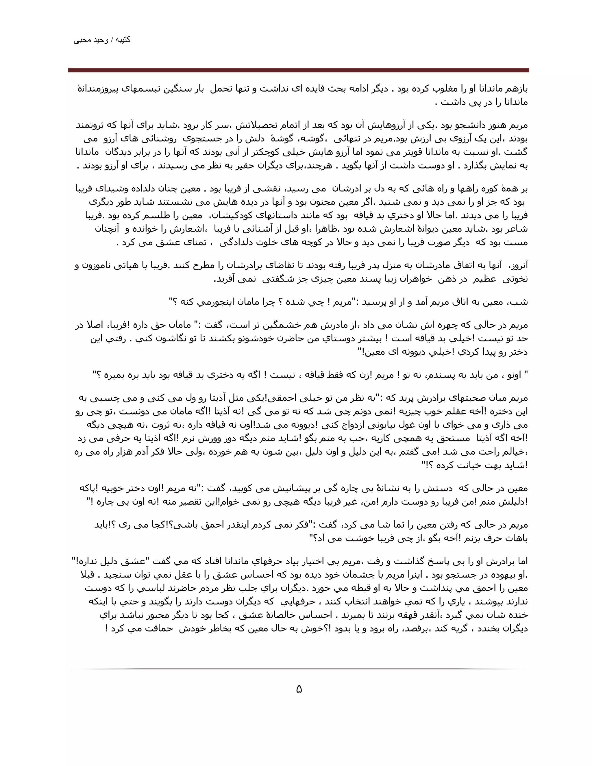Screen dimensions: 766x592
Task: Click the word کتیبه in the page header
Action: click(123, 40)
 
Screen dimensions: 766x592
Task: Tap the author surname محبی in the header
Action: click(81, 40)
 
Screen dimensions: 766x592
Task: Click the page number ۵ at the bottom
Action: click(299, 689)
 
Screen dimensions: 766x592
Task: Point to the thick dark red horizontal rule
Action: click(298, 71)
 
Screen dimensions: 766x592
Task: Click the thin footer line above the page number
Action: click(298, 669)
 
